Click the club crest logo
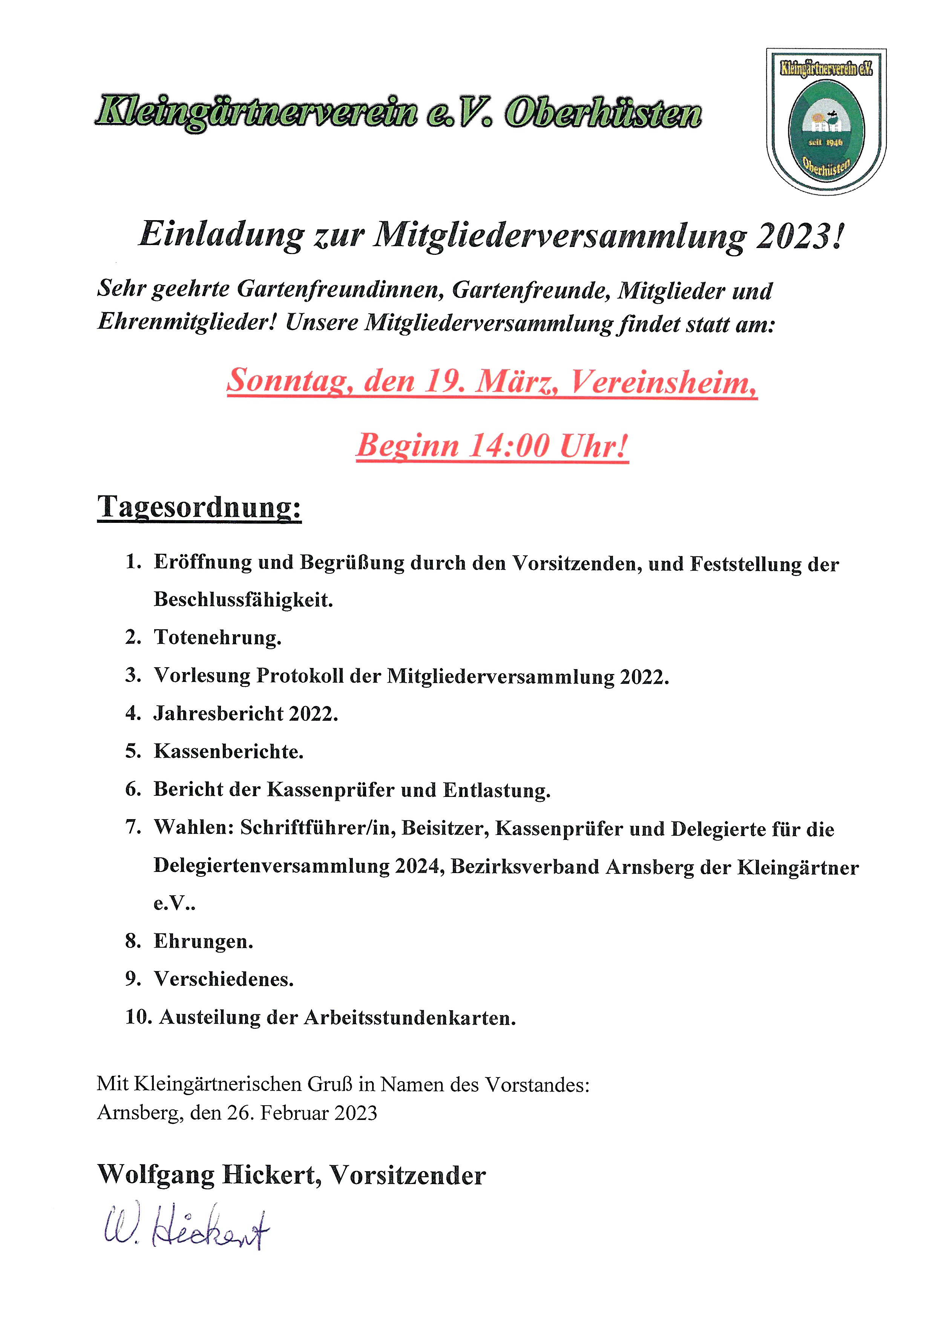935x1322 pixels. [826, 121]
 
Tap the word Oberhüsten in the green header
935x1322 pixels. [603, 113]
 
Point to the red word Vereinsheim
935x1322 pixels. [662, 381]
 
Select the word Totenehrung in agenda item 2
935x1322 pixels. [218, 637]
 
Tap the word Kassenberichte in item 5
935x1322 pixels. [228, 751]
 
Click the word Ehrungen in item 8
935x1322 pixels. [203, 941]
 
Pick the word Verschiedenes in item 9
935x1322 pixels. [224, 979]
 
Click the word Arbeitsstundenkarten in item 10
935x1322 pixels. [409, 1017]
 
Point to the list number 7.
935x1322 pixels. [133, 827]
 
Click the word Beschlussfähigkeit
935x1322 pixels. [243, 600]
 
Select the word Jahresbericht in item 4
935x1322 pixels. [218, 714]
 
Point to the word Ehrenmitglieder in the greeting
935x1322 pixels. [188, 322]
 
